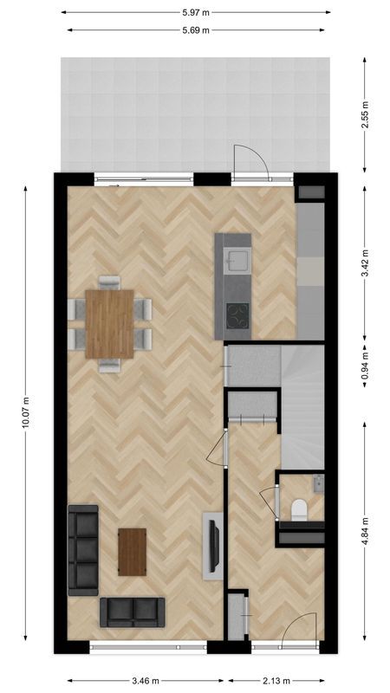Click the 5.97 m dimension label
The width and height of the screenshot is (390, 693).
196,13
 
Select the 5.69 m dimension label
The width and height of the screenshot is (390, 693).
196,30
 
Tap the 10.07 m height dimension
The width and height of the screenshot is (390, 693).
26,412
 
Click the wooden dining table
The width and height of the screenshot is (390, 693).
110,323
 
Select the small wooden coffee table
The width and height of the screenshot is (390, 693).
133,552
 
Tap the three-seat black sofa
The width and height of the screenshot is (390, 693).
84,549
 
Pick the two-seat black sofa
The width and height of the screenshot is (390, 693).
132,612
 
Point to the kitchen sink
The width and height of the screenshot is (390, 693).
236,258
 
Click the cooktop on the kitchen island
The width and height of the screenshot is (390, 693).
237,316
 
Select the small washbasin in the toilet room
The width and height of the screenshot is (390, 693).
318,481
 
